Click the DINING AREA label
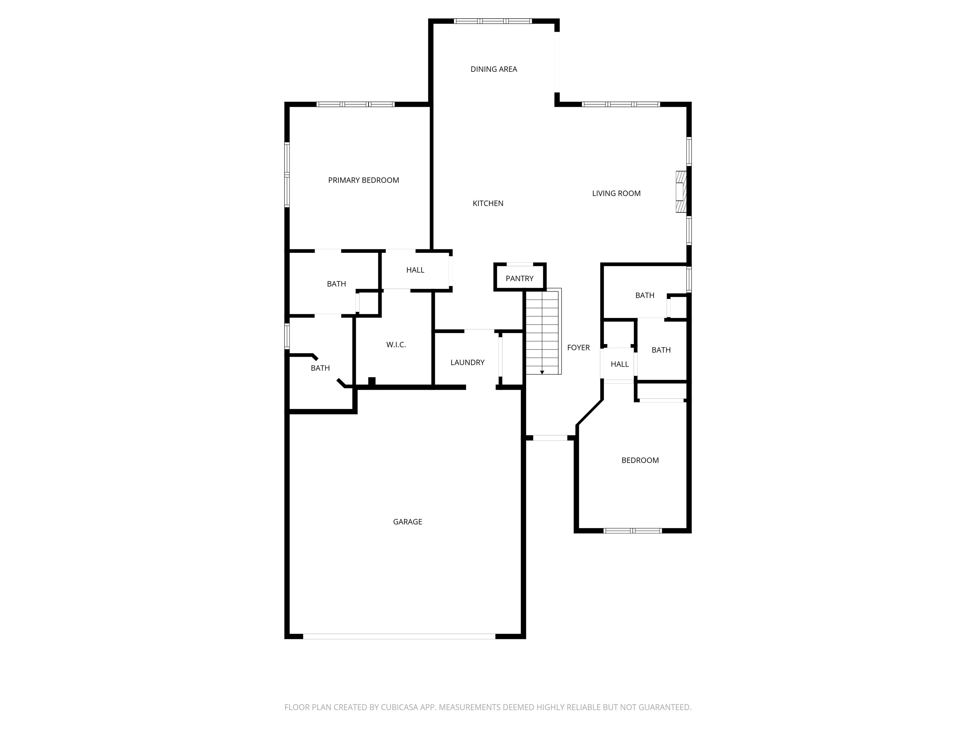(494, 69)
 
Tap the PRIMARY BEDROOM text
(363, 180)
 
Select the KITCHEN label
(488, 203)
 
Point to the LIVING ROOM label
(616, 193)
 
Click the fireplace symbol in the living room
(681, 192)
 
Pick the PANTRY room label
(519, 278)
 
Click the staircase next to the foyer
(542, 331)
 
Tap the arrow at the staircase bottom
(542, 372)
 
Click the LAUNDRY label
(467, 362)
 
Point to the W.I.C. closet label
(396, 345)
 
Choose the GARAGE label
(407, 522)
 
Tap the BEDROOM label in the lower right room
(640, 460)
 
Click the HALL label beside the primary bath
(415, 270)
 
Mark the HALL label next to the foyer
(620, 364)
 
